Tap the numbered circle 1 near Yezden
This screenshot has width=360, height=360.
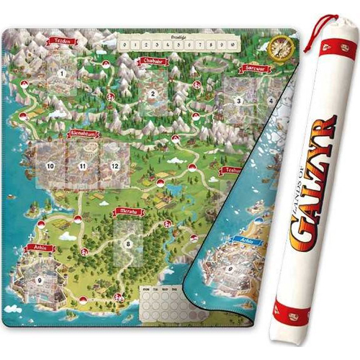[x=62, y=73]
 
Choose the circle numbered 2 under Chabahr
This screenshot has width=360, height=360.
[x=153, y=93]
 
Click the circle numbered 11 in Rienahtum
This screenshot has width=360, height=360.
[x=83, y=166]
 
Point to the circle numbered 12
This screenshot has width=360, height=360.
[x=114, y=166]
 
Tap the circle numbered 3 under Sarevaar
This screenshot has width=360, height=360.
[x=238, y=102]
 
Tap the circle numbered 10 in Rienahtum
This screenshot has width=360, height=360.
[x=50, y=166]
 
